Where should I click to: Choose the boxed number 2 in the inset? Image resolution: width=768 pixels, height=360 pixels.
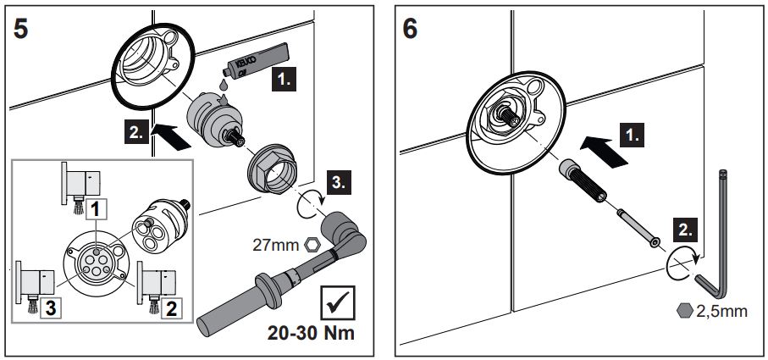[x=172, y=309]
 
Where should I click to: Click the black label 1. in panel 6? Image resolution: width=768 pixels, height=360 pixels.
[x=633, y=134]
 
